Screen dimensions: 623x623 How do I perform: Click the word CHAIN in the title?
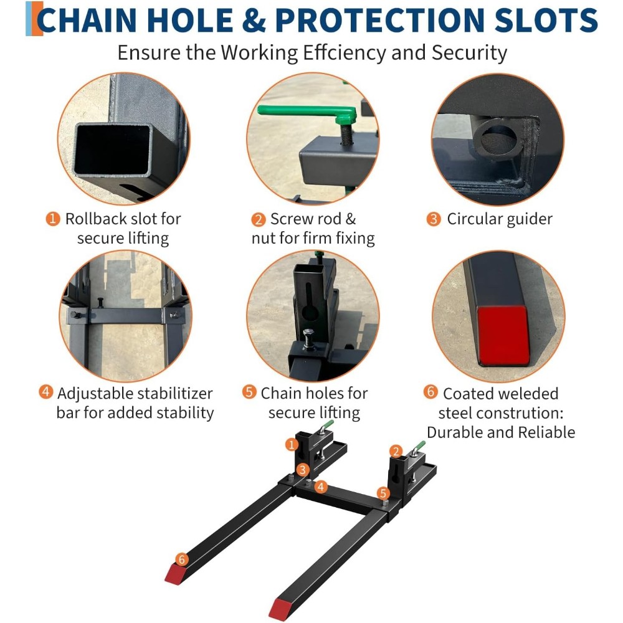click(87, 20)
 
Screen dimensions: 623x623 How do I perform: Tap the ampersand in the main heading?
click(254, 20)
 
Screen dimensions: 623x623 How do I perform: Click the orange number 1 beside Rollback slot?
click(53, 219)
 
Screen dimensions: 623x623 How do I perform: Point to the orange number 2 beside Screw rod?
click(259, 219)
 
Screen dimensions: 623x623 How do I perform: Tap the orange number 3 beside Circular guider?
click(434, 219)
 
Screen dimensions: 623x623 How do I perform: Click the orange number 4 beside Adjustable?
click(46, 392)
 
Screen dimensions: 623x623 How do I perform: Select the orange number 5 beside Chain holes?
click(249, 392)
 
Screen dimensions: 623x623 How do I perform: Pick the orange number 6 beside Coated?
click(430, 392)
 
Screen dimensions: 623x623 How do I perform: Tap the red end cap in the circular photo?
click(503, 336)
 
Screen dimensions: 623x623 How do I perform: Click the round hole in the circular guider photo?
click(498, 140)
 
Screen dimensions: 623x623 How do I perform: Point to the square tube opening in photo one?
click(112, 149)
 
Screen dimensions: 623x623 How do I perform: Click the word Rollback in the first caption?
click(96, 219)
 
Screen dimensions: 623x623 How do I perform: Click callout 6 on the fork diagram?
click(182, 559)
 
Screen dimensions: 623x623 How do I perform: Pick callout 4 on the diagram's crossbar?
click(321, 487)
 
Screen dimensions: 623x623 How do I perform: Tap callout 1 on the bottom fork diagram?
click(292, 444)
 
